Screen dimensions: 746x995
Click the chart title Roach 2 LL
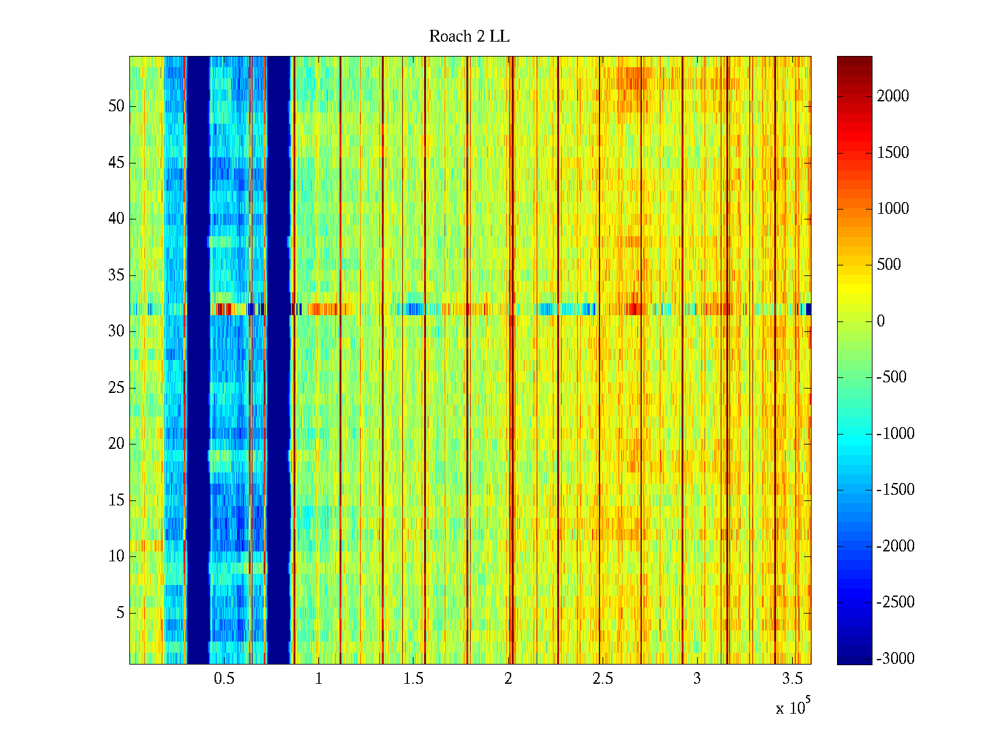click(x=469, y=37)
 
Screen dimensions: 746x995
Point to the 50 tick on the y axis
click(x=116, y=106)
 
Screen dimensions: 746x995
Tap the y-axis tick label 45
click(x=116, y=163)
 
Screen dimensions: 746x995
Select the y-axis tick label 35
click(x=116, y=275)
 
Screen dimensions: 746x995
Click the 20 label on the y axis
click(x=116, y=444)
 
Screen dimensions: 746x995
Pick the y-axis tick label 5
click(x=120, y=613)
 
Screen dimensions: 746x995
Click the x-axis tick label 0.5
click(x=224, y=679)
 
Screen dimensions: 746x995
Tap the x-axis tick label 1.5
click(x=413, y=679)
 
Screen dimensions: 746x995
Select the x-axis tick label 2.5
click(x=602, y=679)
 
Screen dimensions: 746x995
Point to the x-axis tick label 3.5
click(x=792, y=679)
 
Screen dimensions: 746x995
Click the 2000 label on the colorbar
click(x=892, y=96)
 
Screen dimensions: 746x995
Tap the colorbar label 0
click(x=881, y=321)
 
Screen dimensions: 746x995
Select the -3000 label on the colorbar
click(x=895, y=659)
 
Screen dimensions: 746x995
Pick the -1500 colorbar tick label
click(x=895, y=490)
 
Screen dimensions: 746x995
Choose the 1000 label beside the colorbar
click(x=892, y=209)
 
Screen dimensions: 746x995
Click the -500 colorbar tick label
click(x=891, y=377)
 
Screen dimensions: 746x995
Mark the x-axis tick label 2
click(x=508, y=679)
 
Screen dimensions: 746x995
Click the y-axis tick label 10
click(x=116, y=556)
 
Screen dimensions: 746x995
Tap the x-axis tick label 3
click(x=697, y=679)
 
